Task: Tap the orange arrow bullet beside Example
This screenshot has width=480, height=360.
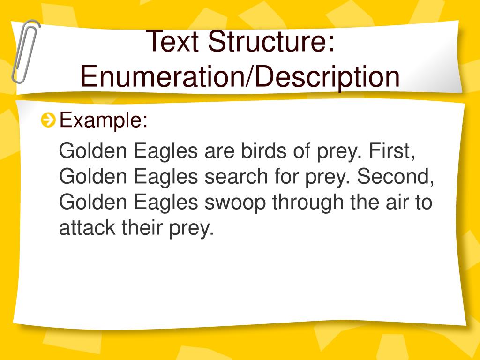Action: (48, 121)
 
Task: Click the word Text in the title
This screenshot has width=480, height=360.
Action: (174, 41)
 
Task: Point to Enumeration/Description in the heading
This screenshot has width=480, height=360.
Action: (240, 77)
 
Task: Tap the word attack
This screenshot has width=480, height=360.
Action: (87, 228)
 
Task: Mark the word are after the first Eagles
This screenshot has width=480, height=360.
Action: (220, 151)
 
